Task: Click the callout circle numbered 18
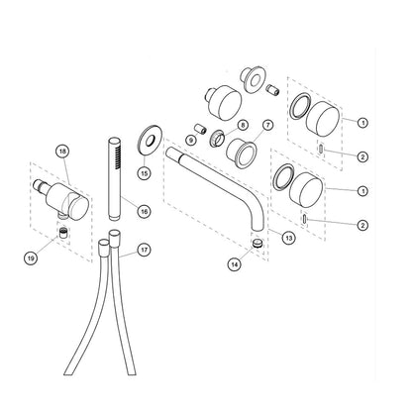tap(62, 152)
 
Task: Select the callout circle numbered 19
tap(31, 257)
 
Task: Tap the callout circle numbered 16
tap(144, 211)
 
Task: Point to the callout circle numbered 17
tap(144, 250)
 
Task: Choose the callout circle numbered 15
tap(145, 172)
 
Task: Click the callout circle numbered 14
tap(235, 264)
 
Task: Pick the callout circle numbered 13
tap(289, 238)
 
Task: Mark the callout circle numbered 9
tap(191, 140)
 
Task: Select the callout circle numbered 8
tap(243, 125)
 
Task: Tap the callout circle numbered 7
tap(267, 125)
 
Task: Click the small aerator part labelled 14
tap(257, 244)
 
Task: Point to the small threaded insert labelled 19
tap(62, 233)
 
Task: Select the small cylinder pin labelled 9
tap(201, 128)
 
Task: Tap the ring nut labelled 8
tap(217, 138)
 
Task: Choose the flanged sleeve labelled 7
tap(242, 154)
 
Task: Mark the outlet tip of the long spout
tap(258, 227)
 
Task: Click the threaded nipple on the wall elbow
tap(40, 185)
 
